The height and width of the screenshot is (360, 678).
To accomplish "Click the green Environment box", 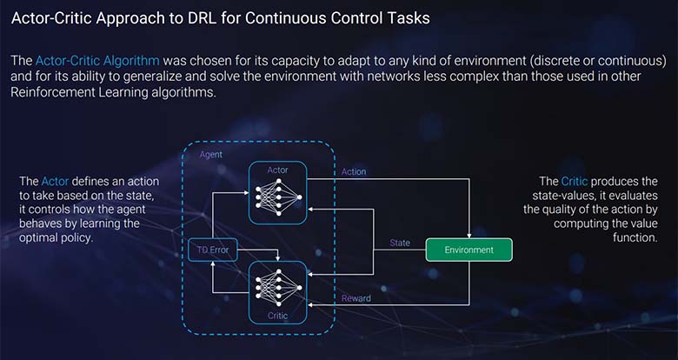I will pos(469,250).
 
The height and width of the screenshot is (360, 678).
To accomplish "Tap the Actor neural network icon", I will pos(278,197).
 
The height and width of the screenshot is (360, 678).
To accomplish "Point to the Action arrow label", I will pos(354,171).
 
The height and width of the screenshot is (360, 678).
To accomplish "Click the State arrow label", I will pos(400,243).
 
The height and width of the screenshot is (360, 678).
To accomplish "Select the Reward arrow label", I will pos(356,298).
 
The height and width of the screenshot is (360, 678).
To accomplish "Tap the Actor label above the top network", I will pos(278,169).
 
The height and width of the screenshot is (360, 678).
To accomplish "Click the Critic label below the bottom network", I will pos(278,314).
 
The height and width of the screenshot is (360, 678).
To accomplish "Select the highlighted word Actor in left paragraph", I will pos(52,181).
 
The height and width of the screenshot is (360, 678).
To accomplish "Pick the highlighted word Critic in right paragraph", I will pos(574,181).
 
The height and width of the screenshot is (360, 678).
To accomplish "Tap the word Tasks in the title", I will pos(405,18).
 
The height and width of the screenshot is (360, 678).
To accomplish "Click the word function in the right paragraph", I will pos(635,237).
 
